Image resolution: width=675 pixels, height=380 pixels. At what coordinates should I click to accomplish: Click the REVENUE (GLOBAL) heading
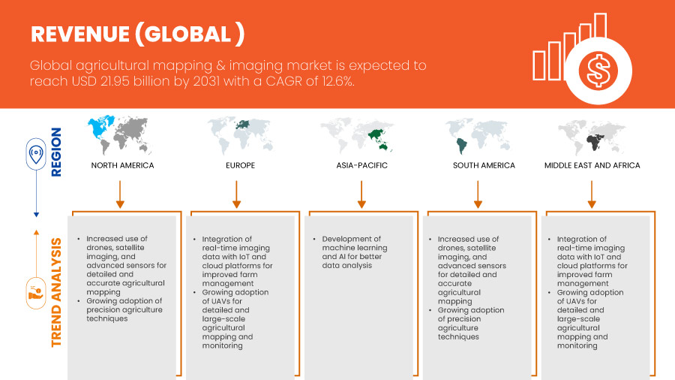(x=138, y=34)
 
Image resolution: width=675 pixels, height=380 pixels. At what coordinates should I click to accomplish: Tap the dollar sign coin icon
(x=598, y=71)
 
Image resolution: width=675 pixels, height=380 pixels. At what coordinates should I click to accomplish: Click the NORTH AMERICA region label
(x=122, y=165)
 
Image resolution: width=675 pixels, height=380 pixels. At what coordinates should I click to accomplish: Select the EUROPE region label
(x=240, y=165)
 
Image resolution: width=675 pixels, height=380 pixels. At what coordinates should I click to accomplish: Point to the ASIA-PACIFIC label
(x=362, y=165)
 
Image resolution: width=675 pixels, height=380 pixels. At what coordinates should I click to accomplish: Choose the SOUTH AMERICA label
(x=484, y=165)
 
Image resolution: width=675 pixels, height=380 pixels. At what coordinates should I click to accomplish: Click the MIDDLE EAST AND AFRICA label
(x=592, y=165)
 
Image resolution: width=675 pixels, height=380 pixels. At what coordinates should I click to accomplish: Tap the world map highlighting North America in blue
(x=120, y=134)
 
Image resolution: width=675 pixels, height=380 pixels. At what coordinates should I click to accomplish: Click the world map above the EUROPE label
(x=240, y=135)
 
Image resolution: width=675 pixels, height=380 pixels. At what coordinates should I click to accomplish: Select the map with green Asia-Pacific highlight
(x=357, y=135)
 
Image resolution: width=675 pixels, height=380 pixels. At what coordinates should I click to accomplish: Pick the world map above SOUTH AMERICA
(x=478, y=136)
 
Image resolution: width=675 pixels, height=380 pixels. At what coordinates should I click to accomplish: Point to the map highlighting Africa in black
(x=592, y=137)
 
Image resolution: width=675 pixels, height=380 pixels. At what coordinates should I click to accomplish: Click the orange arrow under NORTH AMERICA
(x=120, y=195)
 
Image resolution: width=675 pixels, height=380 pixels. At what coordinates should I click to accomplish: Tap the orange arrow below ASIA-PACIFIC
(x=361, y=195)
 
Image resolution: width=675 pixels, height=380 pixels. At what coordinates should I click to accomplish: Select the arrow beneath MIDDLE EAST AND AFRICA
(x=592, y=195)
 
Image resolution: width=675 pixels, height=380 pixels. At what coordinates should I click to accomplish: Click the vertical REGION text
(x=56, y=152)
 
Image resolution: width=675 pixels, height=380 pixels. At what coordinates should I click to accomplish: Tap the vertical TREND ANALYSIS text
(x=56, y=293)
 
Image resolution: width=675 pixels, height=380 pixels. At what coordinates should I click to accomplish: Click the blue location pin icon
(x=36, y=154)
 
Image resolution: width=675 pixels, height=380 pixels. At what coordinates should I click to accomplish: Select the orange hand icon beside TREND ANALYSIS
(x=36, y=294)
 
